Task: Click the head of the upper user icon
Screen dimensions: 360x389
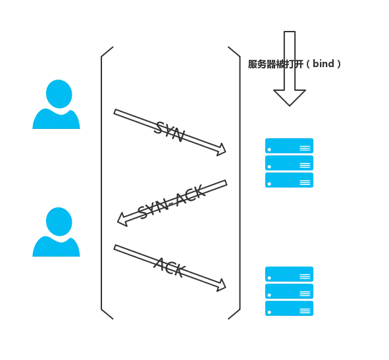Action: point(58,93)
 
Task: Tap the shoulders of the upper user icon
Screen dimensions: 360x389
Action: point(57,120)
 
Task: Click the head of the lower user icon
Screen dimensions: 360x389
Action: point(58,220)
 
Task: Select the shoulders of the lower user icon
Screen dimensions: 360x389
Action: point(57,247)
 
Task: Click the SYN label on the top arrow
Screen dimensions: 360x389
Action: point(165,128)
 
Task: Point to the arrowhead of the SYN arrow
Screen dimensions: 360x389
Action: point(222,150)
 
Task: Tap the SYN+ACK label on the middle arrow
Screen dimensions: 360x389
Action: point(172,201)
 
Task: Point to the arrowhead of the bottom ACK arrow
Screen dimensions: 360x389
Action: point(222,286)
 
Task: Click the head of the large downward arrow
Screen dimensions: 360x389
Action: point(290,98)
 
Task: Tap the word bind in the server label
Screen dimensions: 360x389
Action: point(327,64)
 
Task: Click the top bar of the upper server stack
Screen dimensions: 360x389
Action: point(290,145)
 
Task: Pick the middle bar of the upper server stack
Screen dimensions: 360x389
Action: point(290,163)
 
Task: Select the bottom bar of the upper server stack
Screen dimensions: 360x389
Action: point(290,180)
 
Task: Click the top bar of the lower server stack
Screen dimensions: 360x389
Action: point(290,272)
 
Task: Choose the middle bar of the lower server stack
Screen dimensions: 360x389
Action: point(290,290)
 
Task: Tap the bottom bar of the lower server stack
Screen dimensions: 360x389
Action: point(290,307)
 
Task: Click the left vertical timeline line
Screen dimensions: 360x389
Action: point(103,184)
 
